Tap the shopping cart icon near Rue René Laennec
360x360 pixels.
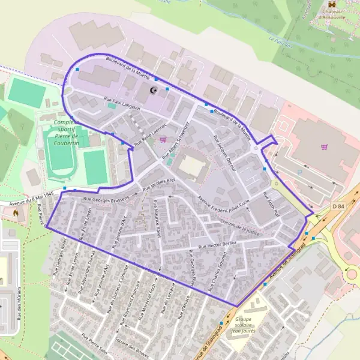coord(163,139)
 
